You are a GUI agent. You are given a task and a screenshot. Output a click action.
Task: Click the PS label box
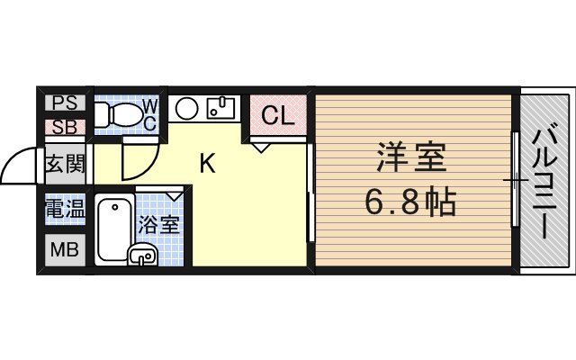63,102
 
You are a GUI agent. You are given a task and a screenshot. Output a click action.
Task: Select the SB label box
63,126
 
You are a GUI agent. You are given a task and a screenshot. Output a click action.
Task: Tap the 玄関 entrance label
64,165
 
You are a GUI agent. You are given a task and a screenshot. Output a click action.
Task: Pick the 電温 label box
64,210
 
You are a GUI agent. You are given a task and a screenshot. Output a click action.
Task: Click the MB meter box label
63,249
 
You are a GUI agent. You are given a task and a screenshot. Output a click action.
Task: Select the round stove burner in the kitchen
187,110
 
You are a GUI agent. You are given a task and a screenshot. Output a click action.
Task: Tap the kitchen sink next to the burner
220,109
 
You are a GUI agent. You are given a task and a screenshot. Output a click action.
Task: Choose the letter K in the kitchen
206,164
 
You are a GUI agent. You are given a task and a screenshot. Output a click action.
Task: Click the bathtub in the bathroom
112,228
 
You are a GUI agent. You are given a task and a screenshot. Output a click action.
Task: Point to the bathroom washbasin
142,256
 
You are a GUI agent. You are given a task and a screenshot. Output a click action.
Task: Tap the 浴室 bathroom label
158,223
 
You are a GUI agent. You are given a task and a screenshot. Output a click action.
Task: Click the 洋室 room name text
409,162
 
